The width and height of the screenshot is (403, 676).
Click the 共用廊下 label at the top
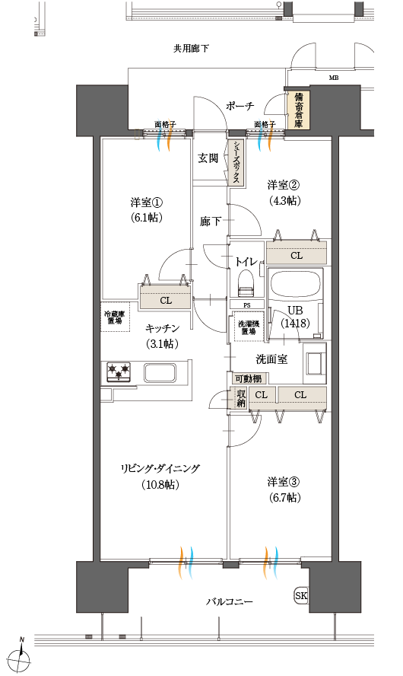tap(191, 49)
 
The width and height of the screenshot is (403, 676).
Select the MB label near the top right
tap(333, 78)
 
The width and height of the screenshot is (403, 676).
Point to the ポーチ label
tap(240, 106)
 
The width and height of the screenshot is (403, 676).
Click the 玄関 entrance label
tap(208, 158)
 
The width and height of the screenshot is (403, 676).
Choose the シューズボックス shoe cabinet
tap(237, 162)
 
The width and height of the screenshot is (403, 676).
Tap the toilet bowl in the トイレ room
tap(246, 285)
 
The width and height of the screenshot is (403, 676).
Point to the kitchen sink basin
tap(161, 373)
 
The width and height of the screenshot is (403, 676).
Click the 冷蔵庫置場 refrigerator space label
tap(114, 317)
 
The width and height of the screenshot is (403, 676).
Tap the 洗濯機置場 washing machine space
tap(247, 325)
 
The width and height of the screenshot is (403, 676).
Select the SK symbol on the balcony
tap(301, 595)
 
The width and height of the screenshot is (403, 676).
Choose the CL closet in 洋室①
tap(165, 299)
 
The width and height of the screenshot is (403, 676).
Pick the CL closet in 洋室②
tap(296, 254)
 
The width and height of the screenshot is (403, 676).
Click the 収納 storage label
tap(240, 398)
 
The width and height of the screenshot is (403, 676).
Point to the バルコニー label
tap(229, 602)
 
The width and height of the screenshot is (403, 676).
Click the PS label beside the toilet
tap(247, 305)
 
